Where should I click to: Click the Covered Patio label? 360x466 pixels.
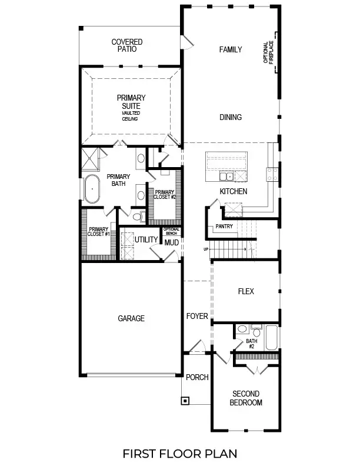127,46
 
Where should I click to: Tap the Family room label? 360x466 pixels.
231,49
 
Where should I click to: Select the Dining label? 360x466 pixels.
231,117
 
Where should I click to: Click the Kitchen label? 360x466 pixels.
233,192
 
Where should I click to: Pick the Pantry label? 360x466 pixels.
224,226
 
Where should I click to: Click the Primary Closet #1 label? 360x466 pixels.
98,231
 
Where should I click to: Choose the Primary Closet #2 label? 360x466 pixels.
165,194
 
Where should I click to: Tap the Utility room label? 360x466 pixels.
146,239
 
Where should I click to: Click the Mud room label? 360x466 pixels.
171,242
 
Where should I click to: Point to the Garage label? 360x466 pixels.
131,318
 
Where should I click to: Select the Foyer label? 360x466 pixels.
197,316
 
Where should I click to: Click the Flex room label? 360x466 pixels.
245,291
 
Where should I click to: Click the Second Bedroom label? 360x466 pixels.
246,398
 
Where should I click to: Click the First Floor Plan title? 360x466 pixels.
179,453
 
